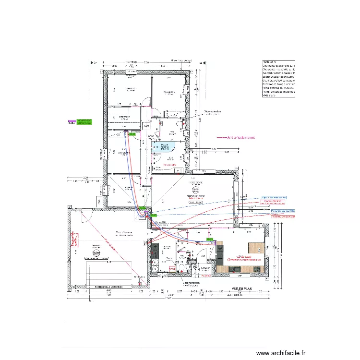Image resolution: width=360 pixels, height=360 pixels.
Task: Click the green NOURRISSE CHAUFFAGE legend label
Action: (x=84, y=122)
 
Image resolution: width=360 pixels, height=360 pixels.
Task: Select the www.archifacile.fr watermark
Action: (x=281, y=352)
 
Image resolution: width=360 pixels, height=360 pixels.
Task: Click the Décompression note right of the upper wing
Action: (x=213, y=113)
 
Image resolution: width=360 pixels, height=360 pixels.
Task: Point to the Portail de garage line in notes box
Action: (x=278, y=91)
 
